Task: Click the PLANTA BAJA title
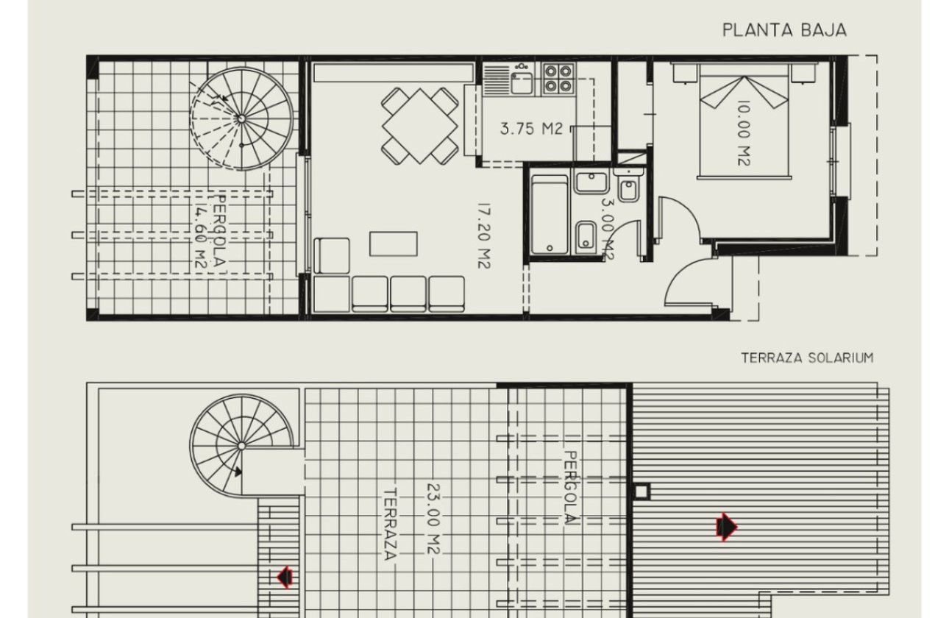[784, 30]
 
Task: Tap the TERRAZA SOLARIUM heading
[808, 358]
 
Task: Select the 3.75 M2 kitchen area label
[531, 128]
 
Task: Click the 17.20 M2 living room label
[484, 235]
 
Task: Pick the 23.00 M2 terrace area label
[433, 519]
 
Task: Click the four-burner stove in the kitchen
[558, 79]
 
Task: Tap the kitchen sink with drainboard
[508, 79]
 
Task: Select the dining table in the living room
[420, 126]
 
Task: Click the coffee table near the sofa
[393, 244]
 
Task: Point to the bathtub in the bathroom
[549, 215]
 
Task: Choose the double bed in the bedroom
[744, 121]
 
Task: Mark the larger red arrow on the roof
[727, 527]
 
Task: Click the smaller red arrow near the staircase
[285, 577]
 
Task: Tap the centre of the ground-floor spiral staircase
[241, 118]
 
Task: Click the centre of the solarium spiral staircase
[241, 446]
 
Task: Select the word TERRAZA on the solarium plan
[390, 525]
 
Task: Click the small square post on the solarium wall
[641, 492]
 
